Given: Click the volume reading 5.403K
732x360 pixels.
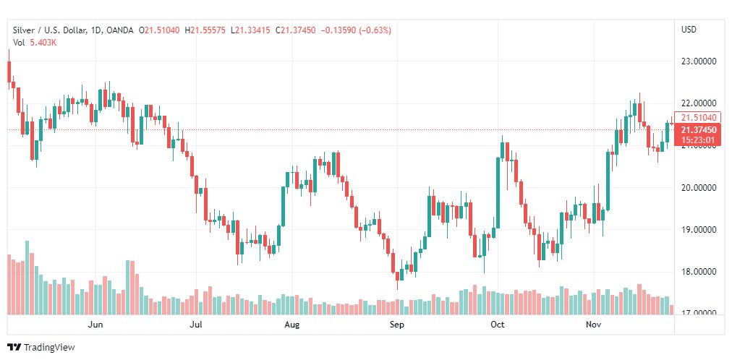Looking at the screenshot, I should click(x=43, y=43).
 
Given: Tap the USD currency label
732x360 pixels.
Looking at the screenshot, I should click(x=689, y=30).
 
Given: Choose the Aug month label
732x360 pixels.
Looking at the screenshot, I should click(x=291, y=325).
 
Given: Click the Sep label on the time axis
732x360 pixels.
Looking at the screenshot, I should click(x=396, y=325).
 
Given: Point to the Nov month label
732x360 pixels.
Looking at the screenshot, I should click(x=594, y=325).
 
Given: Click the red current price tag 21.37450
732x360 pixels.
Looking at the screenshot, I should click(x=699, y=129).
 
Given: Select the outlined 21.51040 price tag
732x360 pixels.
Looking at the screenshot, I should click(x=699, y=118).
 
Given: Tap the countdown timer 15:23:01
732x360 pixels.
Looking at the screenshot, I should click(x=699, y=140).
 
